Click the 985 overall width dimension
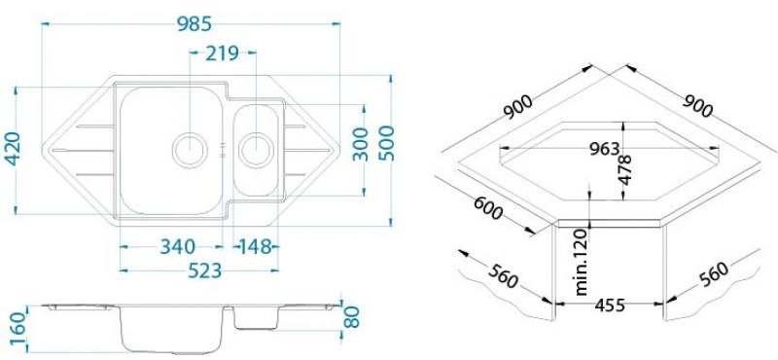point(195,23)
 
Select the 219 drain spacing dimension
point(222,53)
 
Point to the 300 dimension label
point(361,145)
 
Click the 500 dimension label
point(386,143)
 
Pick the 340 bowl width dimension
point(177,246)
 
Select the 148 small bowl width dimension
point(256,246)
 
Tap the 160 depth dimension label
point(17,329)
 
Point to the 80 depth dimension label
point(351,317)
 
